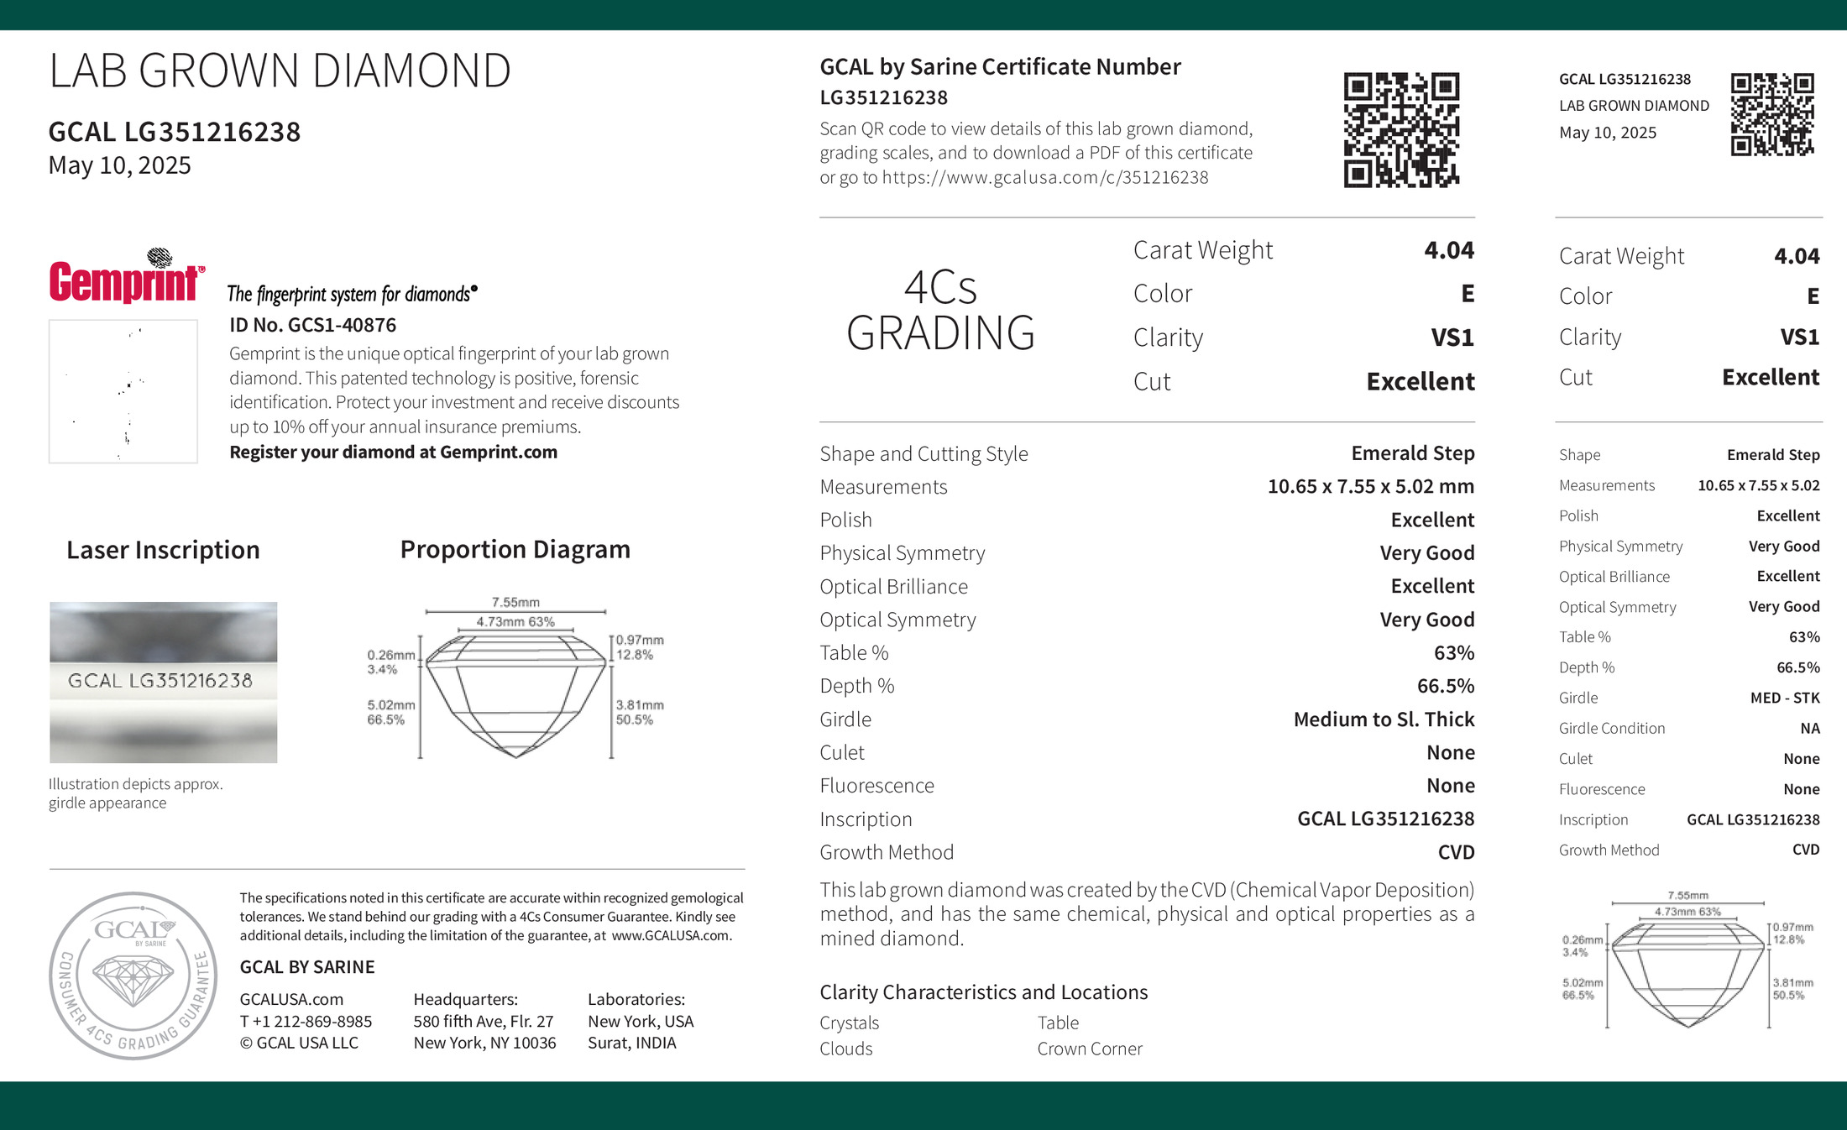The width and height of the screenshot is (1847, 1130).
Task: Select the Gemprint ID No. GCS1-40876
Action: click(312, 325)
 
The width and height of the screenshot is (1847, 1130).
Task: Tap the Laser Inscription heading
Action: click(163, 550)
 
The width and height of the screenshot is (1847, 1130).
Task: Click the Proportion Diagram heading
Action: click(515, 549)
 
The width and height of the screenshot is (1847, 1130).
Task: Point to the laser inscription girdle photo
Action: click(163, 682)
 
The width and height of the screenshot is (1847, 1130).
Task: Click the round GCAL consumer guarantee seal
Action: click(133, 975)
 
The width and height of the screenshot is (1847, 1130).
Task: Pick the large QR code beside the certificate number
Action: click(1401, 129)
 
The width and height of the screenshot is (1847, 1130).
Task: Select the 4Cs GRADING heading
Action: click(940, 311)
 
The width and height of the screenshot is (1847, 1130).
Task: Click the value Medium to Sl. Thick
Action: click(1384, 719)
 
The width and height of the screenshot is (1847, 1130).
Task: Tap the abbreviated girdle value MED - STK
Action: click(1784, 698)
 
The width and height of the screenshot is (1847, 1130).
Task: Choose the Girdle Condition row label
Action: click(1611, 728)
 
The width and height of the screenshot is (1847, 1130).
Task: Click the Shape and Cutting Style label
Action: click(923, 454)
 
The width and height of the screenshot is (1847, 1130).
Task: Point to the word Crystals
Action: click(849, 1023)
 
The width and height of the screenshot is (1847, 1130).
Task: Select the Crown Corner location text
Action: click(1089, 1049)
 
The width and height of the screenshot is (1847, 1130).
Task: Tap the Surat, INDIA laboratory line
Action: click(631, 1043)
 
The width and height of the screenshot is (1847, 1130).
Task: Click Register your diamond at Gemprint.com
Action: click(393, 452)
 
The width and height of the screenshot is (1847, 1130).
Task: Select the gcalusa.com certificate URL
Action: click(1044, 177)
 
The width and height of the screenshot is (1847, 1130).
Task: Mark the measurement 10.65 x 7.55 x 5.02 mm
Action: click(1370, 486)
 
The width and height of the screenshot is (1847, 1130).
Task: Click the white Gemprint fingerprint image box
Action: click(123, 391)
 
